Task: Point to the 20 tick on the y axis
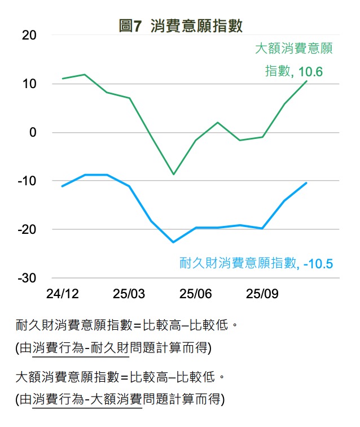[x=29, y=35]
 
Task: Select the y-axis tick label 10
[x=29, y=84]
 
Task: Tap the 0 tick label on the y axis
[x=33, y=132]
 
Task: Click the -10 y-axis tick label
[x=27, y=181]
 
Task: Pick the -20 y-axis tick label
[x=27, y=229]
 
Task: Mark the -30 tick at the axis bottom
[x=27, y=278]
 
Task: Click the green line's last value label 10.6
[x=310, y=72]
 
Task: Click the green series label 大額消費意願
[x=293, y=49]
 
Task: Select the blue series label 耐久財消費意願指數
[x=238, y=263]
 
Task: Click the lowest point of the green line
[x=173, y=175]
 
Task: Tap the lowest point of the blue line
[x=173, y=242]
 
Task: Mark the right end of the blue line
[x=306, y=182]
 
